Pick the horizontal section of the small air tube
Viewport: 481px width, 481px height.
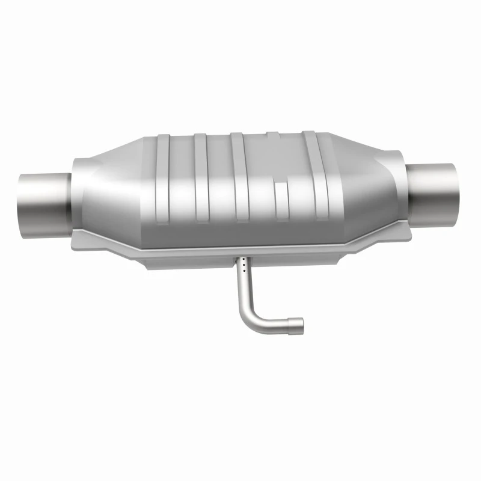coord(274,325)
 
